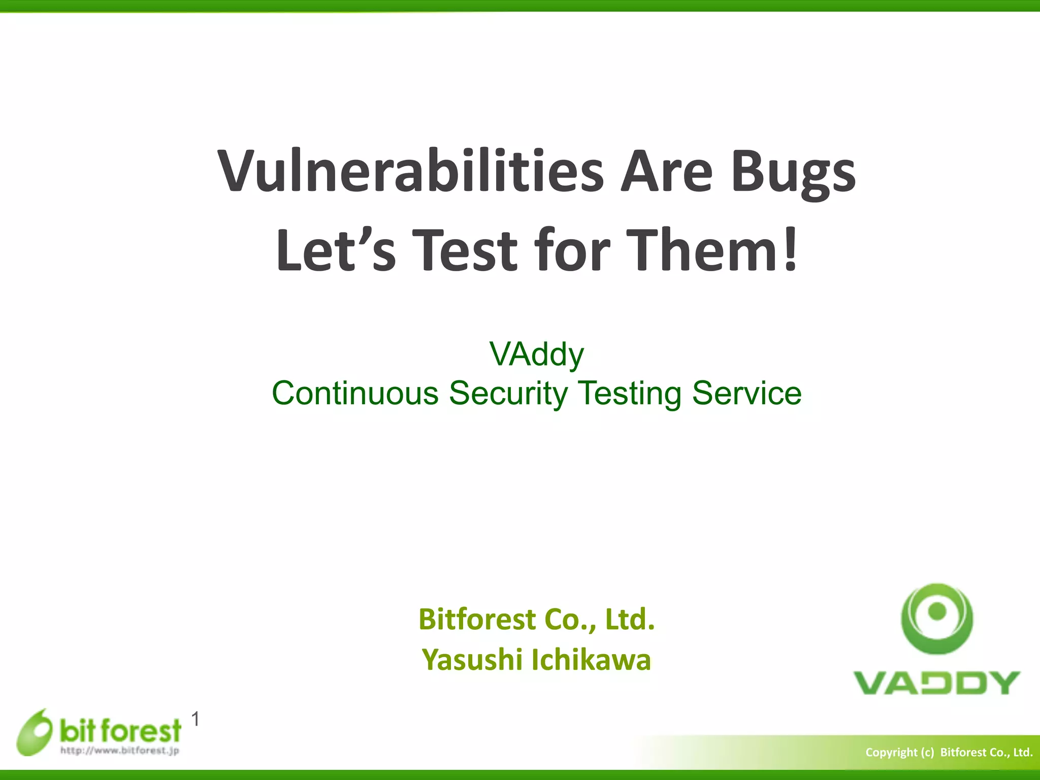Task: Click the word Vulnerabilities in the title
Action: point(410,172)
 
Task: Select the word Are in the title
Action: point(667,172)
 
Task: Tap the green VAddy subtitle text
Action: point(536,354)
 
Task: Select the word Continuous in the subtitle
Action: point(355,394)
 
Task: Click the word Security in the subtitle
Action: point(508,394)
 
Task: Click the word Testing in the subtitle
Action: point(630,394)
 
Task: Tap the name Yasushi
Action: point(472,660)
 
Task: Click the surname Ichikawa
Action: point(591,660)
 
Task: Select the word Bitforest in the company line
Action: point(477,619)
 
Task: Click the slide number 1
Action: point(196,719)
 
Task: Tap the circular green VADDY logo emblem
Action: point(937,618)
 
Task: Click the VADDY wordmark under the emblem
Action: point(937,683)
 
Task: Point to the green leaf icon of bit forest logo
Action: point(35,732)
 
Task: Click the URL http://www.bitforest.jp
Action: point(120,751)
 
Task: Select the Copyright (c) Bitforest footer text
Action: point(949,752)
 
